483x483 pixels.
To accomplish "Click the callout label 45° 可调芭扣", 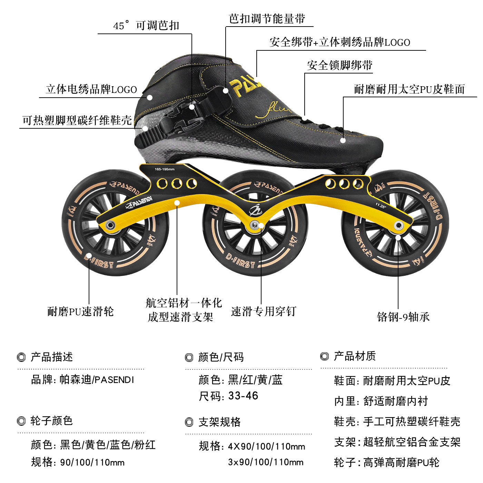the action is click(x=146, y=26).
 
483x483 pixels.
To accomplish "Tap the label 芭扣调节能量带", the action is click(x=267, y=19).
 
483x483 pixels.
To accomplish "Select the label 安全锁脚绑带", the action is click(x=339, y=65).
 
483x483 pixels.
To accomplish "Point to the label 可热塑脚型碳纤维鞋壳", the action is click(x=77, y=120).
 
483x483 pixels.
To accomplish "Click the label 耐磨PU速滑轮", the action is click(x=80, y=312).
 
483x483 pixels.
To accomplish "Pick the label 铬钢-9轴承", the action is click(x=403, y=317).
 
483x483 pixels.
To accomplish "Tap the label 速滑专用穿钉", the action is click(x=263, y=311).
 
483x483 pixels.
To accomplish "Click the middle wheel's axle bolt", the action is click(x=255, y=225).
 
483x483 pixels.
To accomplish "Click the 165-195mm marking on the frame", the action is click(x=165, y=169).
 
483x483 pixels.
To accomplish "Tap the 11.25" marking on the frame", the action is click(x=381, y=206).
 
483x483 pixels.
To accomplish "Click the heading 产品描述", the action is click(x=52, y=357).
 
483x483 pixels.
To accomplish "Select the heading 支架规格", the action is click(x=219, y=422).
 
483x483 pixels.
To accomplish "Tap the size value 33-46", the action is click(x=243, y=396).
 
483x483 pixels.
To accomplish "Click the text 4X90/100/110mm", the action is click(x=266, y=446).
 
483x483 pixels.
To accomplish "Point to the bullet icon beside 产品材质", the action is click(x=325, y=356).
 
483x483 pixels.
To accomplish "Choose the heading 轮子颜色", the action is click(x=51, y=421).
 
